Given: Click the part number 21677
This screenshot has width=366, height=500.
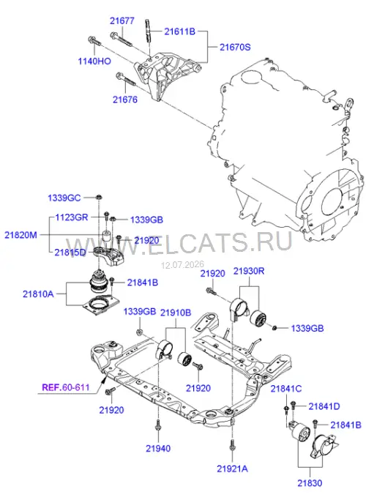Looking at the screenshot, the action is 122,20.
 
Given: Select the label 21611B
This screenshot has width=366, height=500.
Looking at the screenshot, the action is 180,31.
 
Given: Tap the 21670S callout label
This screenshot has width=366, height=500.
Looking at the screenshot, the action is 235,47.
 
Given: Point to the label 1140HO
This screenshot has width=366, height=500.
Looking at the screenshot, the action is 94,61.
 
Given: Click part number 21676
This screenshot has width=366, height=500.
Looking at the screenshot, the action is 125,100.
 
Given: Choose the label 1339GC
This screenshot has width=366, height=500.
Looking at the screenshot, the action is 64,198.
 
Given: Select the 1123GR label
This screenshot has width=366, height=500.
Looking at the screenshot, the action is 72,217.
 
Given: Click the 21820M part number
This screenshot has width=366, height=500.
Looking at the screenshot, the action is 20,235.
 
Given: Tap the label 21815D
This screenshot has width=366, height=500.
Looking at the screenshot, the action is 70,253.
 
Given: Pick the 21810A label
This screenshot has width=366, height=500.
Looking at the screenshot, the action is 38,294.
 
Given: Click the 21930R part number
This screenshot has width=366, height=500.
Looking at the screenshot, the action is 249,271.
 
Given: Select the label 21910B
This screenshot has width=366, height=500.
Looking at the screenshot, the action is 176,313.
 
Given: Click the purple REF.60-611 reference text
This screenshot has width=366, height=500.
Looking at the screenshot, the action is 66,387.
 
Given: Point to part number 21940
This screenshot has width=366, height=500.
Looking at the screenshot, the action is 158,448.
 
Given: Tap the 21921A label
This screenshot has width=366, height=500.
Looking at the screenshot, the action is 233,469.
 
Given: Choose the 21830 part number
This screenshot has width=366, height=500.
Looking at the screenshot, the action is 310,483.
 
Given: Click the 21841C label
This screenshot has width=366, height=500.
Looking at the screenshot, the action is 286,389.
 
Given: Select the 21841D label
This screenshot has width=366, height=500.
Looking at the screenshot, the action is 324,406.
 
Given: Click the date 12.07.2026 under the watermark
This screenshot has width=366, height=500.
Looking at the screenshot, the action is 182,265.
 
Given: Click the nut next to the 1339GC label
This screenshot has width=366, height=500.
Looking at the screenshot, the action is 99,197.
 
